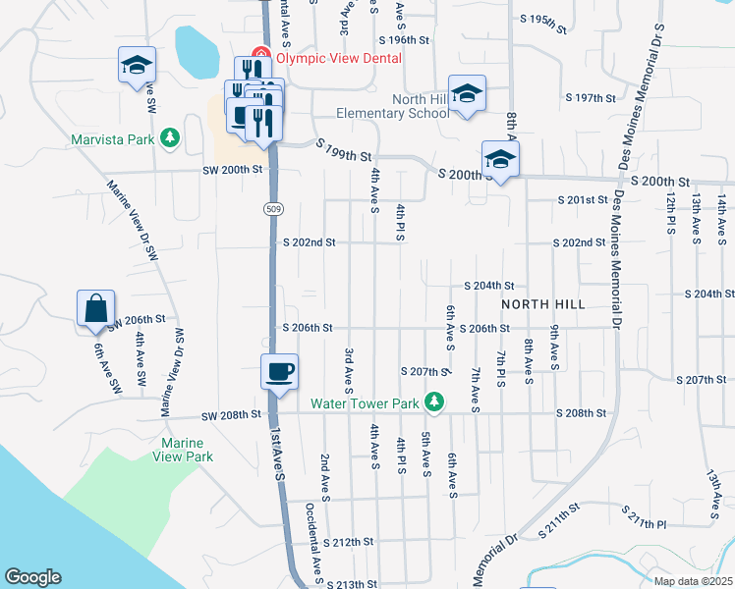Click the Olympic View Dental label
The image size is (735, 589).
[339, 58]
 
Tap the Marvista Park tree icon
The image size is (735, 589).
[171, 138]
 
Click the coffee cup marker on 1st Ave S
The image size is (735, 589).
[279, 371]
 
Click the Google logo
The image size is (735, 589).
[32, 577]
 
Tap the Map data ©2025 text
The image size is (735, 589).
[692, 581]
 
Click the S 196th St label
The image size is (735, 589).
[405, 40]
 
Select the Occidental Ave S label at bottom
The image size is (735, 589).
[313, 545]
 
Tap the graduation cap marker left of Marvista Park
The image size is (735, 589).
[137, 66]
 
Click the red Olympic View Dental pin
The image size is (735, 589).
[261, 56]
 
